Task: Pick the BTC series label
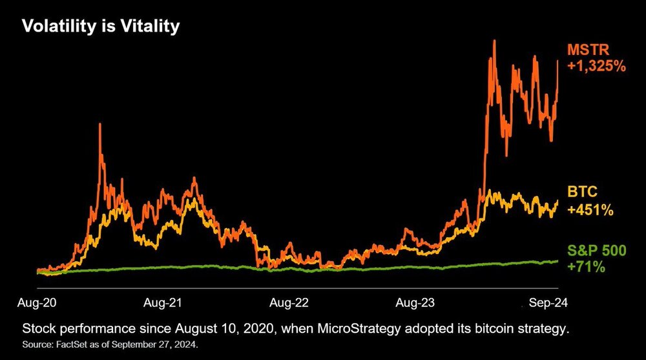click(x=581, y=193)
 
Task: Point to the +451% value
click(x=590, y=209)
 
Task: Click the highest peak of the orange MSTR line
click(x=494, y=41)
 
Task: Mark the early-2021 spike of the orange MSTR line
click(x=100, y=123)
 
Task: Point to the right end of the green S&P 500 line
click(x=557, y=260)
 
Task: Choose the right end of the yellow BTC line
click(x=557, y=202)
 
